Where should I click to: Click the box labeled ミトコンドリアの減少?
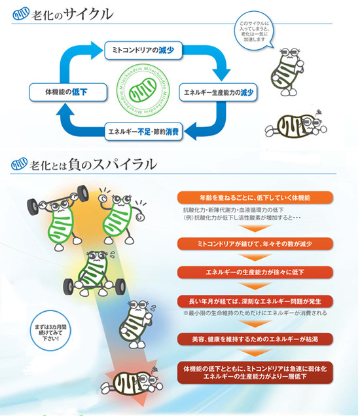tap(143, 50)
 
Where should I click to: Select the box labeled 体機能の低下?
tap(68, 92)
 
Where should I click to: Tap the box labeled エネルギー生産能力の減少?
tap(218, 92)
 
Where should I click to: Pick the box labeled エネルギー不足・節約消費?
tap(143, 131)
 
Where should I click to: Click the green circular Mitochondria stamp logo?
tap(143, 90)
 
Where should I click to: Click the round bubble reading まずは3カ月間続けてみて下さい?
tap(50, 331)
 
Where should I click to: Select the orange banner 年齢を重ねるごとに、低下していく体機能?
tap(255, 198)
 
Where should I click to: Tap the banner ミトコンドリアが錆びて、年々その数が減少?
tap(255, 244)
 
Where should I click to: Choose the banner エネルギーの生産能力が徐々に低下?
tap(255, 273)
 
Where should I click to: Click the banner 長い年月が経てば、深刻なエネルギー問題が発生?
tap(255, 301)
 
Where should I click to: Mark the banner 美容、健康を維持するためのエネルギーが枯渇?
tap(255, 339)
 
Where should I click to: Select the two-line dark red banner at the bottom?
tap(255, 373)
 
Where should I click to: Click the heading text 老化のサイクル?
tap(72, 14)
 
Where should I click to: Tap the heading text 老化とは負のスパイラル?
tap(93, 164)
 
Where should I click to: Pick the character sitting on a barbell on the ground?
tap(94, 274)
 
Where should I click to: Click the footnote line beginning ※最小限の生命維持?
tap(255, 313)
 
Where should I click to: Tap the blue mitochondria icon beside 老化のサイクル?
tap(21, 14)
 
